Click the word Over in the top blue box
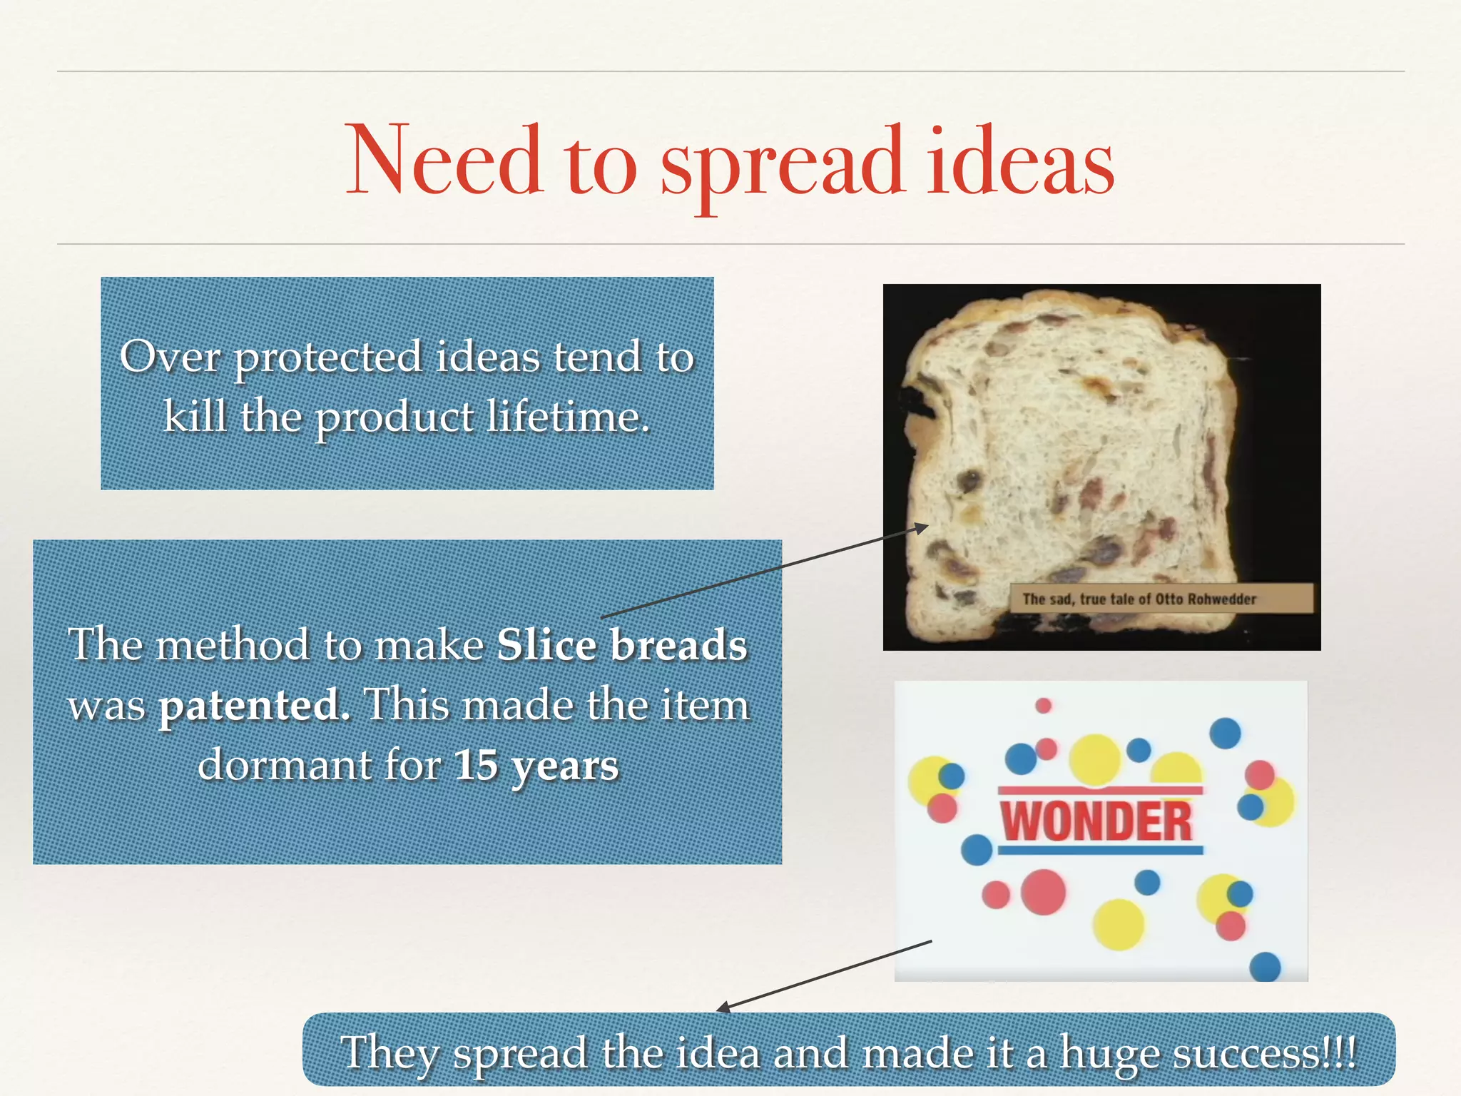point(170,356)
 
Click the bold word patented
point(254,706)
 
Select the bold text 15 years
point(536,766)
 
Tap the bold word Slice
point(546,645)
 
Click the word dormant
point(284,766)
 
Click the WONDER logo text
point(1096,821)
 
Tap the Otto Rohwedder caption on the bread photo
point(1139,599)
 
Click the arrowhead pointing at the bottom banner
point(723,1008)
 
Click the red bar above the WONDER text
point(1100,791)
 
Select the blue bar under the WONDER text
point(1100,851)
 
